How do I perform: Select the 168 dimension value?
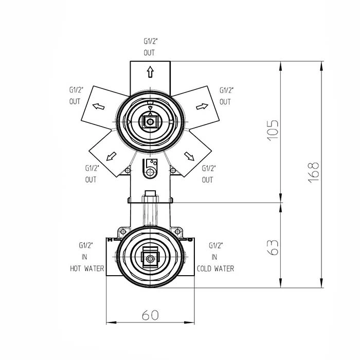(313, 172)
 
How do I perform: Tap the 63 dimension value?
(273, 247)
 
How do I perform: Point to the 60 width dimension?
(150, 315)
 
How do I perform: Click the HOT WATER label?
(87, 268)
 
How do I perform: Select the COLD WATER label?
(215, 268)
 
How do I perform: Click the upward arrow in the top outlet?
(150, 72)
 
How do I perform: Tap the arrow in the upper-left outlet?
(99, 106)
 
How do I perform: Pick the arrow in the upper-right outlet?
(202, 106)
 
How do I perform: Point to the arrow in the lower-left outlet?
(112, 156)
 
